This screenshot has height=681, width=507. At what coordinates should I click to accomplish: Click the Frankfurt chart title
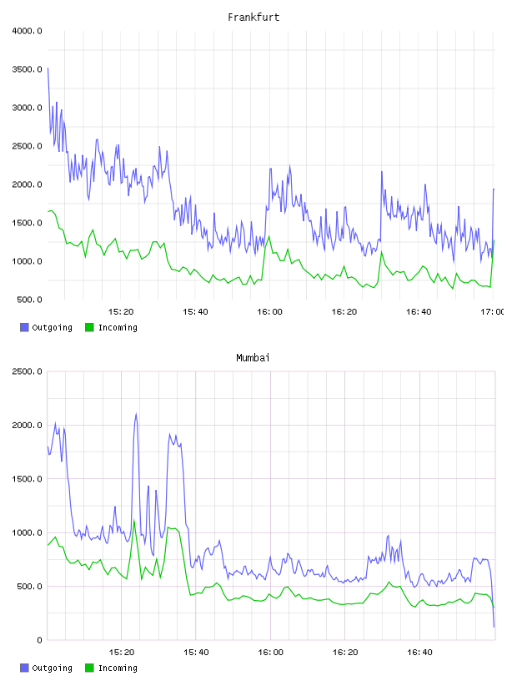[254, 18]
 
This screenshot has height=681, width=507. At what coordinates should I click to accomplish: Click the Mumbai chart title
[253, 357]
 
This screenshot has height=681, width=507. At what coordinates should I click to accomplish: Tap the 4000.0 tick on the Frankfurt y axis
[28, 31]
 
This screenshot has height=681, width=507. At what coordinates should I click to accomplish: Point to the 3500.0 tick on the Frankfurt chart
[28, 69]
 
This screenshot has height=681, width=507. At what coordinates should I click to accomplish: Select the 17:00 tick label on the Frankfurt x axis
[493, 311]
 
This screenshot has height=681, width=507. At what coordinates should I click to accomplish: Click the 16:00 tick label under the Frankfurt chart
[269, 311]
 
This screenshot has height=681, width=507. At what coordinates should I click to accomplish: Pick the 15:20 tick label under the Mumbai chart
[122, 652]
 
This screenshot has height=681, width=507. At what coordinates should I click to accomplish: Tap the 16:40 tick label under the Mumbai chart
[419, 652]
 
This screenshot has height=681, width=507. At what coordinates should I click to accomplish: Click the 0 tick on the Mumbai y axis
[39, 640]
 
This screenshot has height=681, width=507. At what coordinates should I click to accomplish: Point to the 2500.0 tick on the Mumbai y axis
[28, 371]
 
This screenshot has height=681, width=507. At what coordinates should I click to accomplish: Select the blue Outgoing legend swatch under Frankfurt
[24, 327]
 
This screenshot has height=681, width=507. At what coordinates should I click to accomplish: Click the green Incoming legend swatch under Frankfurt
[89, 327]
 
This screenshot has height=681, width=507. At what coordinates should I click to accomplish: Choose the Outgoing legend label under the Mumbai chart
[52, 668]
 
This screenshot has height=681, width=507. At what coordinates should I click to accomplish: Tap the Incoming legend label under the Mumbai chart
[118, 668]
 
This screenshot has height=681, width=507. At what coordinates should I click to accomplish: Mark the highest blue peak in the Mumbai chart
[136, 413]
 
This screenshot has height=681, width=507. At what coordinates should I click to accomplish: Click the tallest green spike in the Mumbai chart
[134, 520]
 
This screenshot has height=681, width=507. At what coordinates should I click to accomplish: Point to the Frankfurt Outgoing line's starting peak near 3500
[48, 68]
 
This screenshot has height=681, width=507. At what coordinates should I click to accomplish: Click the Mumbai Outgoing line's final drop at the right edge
[493, 608]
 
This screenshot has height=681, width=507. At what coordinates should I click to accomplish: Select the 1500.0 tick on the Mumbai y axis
[28, 478]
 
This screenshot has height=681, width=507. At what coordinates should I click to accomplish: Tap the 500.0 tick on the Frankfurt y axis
[29, 300]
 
